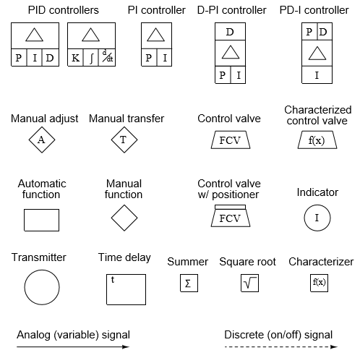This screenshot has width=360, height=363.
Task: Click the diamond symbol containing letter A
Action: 41,140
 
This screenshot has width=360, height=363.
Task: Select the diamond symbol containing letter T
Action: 124,140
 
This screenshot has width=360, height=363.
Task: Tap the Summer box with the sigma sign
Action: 188,283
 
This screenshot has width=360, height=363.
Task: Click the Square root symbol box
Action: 249,283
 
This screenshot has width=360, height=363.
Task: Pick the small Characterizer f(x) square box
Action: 319,283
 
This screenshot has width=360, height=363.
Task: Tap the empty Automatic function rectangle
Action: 41,219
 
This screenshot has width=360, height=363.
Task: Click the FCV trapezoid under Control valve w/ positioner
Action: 229,218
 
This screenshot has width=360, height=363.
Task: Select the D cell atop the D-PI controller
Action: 230,32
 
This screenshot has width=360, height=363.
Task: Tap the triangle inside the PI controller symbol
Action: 156,35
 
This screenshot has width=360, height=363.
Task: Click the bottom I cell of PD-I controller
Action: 316,74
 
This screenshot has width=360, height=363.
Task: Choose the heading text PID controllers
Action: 63,11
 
